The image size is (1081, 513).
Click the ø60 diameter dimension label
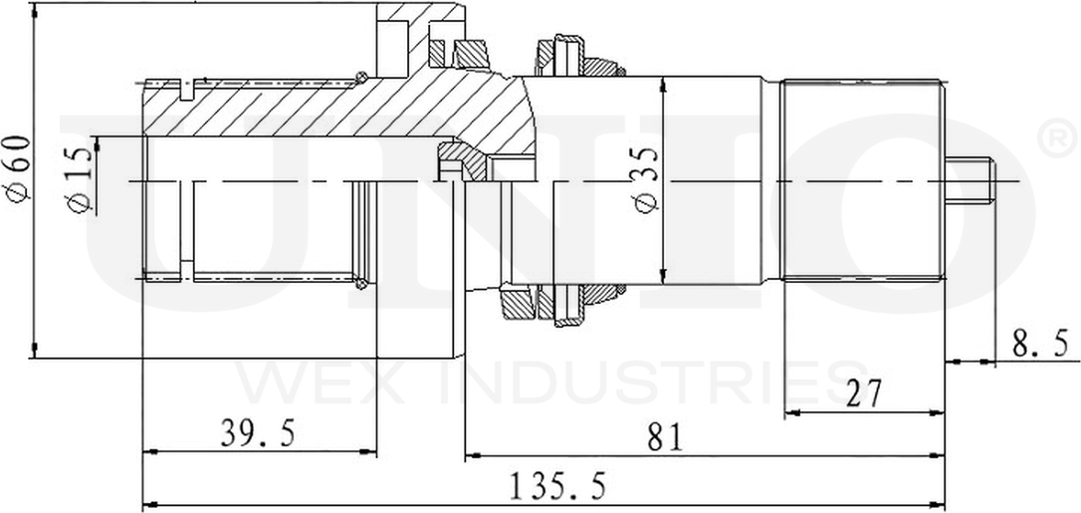[x=19, y=169]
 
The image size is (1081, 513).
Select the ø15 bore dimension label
[x=80, y=179]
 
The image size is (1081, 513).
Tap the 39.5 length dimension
[x=258, y=433]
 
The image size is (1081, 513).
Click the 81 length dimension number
[x=665, y=438]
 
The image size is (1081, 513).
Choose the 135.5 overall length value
[x=557, y=487]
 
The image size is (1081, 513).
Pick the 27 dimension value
[x=864, y=394]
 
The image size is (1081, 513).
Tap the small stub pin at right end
[x=969, y=181]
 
